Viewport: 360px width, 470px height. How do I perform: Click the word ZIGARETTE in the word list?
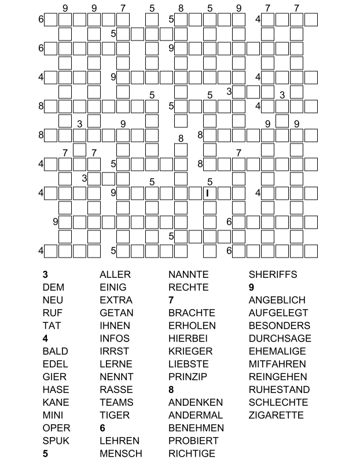(x=276, y=415)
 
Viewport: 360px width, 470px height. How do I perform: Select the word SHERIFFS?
(x=273, y=274)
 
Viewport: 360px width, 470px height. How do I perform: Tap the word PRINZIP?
(x=188, y=377)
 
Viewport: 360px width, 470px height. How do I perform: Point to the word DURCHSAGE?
(x=280, y=339)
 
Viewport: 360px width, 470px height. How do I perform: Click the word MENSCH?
(x=120, y=453)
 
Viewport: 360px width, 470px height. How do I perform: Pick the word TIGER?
(x=115, y=415)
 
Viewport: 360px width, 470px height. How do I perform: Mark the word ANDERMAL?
(x=196, y=415)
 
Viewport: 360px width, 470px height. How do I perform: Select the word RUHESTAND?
(x=279, y=390)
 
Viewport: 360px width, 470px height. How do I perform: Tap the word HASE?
(x=56, y=390)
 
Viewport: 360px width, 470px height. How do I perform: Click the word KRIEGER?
(x=190, y=351)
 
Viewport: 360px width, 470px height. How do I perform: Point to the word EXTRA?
(x=116, y=300)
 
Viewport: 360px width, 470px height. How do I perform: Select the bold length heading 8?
(x=171, y=390)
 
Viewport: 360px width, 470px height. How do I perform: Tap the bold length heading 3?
(x=45, y=274)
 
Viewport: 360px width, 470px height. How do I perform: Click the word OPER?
(x=56, y=428)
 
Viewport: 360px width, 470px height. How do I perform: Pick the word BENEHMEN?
(x=196, y=428)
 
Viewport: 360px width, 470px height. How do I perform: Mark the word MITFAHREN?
(x=277, y=364)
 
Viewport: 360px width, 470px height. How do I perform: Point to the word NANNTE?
(x=188, y=274)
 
